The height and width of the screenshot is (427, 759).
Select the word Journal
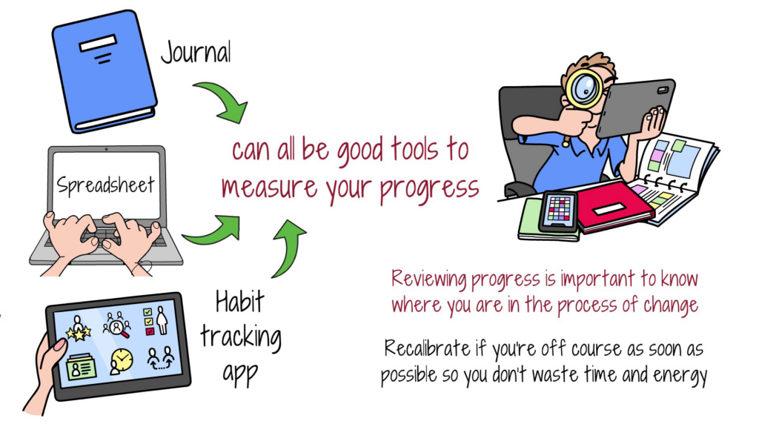click(x=196, y=52)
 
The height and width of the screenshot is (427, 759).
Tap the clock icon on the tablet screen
click(x=119, y=361)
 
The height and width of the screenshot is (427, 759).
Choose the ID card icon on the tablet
click(x=77, y=365)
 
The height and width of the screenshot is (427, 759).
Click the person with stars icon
click(x=77, y=327)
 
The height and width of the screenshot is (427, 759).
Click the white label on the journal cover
click(x=95, y=47)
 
